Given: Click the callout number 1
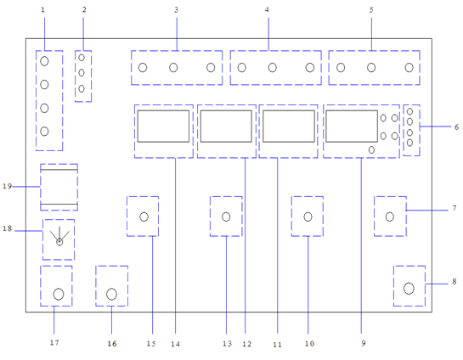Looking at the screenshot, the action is (x=42, y=9).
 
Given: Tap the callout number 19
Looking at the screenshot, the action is (x=7, y=186).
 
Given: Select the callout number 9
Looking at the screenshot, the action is (x=364, y=343).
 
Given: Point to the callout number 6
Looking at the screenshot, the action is (x=456, y=127).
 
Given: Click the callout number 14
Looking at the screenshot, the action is (x=175, y=344).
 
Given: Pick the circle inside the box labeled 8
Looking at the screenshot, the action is (x=409, y=289).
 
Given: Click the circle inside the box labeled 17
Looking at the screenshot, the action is (x=59, y=294).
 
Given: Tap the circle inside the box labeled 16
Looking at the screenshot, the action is (x=111, y=294).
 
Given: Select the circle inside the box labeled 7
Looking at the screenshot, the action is (x=390, y=217).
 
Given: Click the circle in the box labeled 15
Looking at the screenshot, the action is (x=144, y=217).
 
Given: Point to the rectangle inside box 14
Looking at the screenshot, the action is (x=163, y=127).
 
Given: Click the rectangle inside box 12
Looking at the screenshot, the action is (x=226, y=127).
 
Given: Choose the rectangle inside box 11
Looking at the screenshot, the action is (x=289, y=127).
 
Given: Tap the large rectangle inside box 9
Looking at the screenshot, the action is (x=352, y=127).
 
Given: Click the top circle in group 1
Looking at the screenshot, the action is (x=44, y=61).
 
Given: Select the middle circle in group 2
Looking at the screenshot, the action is (x=82, y=72).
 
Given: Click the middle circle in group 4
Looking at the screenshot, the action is (x=272, y=68).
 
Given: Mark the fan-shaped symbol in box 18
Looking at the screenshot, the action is (x=59, y=236).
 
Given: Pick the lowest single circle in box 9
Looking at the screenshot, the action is (x=371, y=150).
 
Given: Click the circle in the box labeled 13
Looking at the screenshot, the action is (x=226, y=217).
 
